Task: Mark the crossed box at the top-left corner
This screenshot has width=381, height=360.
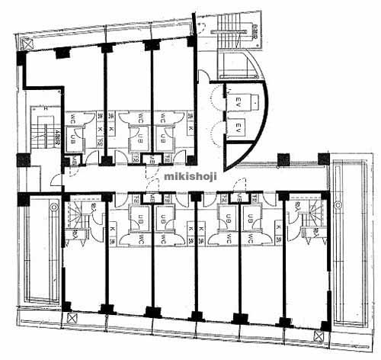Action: click(x=27, y=43)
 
